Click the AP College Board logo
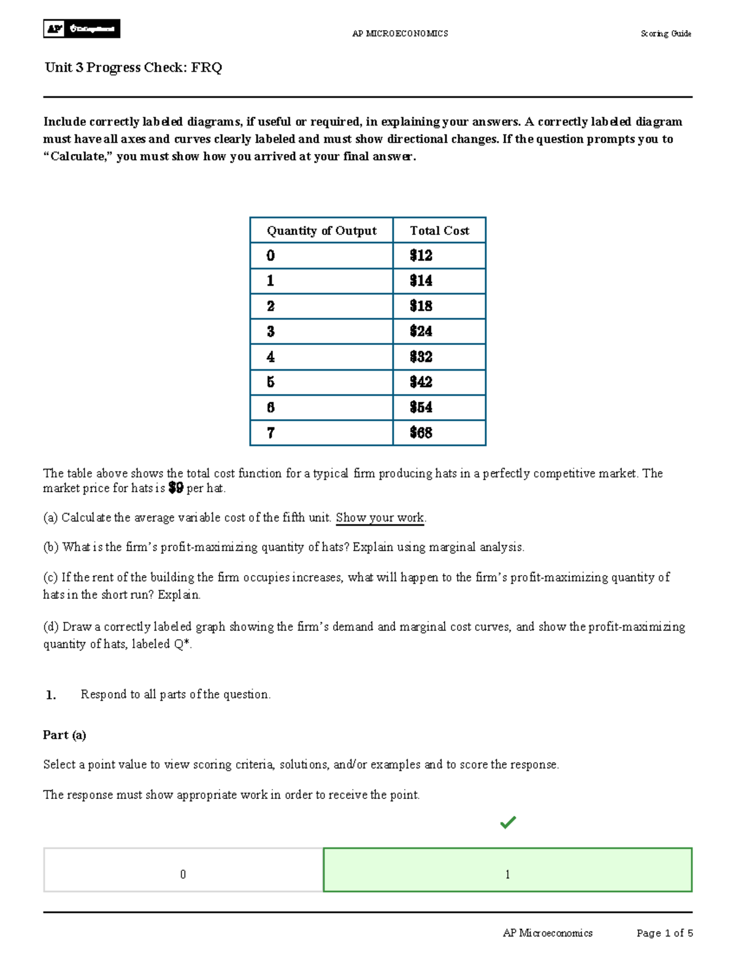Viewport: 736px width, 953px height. click(x=82, y=29)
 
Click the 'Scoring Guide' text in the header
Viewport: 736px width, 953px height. click(x=665, y=34)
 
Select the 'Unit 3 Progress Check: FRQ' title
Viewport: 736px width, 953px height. click(x=133, y=68)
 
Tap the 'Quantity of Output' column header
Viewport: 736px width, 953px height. click(x=321, y=231)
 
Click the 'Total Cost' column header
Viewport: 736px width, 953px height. click(x=439, y=231)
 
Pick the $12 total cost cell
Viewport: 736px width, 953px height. click(x=439, y=256)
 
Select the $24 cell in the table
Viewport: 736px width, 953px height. click(x=439, y=331)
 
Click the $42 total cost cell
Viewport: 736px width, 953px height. click(x=439, y=382)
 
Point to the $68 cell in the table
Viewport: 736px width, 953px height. click(x=439, y=433)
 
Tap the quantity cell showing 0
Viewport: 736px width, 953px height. click(x=321, y=256)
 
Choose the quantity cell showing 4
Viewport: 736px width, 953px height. click(x=321, y=357)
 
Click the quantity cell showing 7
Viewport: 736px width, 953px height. click(x=321, y=433)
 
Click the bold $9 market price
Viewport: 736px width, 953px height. click(x=175, y=488)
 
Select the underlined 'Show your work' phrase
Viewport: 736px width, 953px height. click(x=380, y=518)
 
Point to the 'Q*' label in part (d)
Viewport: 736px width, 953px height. click(x=181, y=644)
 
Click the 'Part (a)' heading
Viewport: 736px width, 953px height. click(x=64, y=735)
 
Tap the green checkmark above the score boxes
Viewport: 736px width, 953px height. click(x=508, y=822)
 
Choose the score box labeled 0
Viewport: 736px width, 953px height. click(x=183, y=870)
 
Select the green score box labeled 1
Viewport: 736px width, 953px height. click(x=507, y=870)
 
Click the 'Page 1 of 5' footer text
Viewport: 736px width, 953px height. click(x=664, y=933)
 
